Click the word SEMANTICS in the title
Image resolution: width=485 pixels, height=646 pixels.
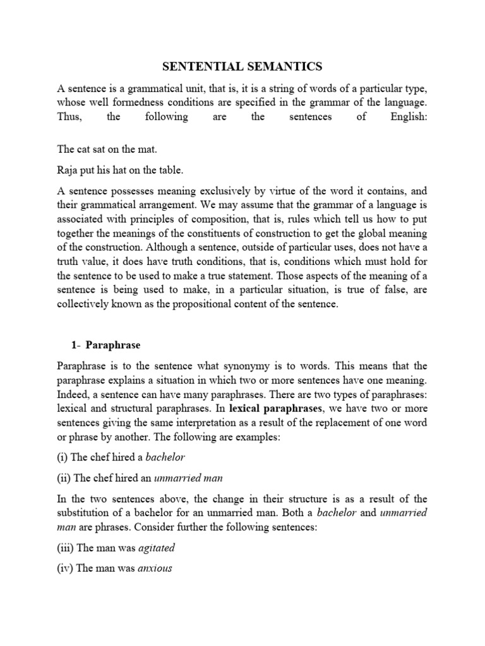[x=287, y=65]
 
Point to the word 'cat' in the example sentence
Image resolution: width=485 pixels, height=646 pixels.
[x=83, y=150]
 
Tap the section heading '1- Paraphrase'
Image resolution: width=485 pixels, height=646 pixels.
[x=105, y=346]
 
